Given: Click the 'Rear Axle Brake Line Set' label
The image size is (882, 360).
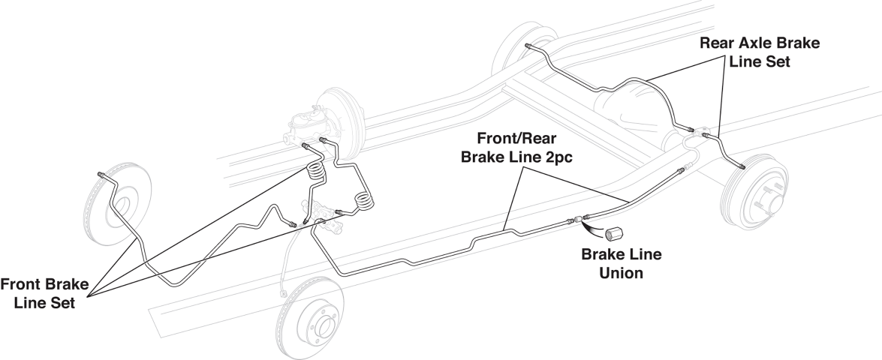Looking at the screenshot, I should pos(759,53).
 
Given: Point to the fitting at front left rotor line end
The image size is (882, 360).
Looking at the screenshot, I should pos(101,175).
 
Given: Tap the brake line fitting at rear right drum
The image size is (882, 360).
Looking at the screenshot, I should pos(740,166).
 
